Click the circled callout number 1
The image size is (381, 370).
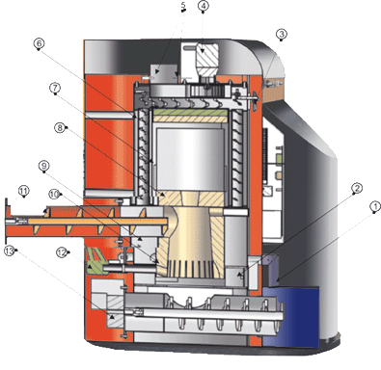(375, 207)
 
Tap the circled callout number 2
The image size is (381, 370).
(357, 188)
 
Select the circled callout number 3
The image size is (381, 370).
(282, 34)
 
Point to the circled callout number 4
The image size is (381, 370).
(204, 6)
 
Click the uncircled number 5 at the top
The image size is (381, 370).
(183, 6)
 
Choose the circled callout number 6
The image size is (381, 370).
(39, 43)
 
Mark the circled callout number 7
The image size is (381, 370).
(55, 88)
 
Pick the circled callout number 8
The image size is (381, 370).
(60, 128)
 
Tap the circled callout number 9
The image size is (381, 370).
(44, 166)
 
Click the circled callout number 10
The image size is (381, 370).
(54, 194)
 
